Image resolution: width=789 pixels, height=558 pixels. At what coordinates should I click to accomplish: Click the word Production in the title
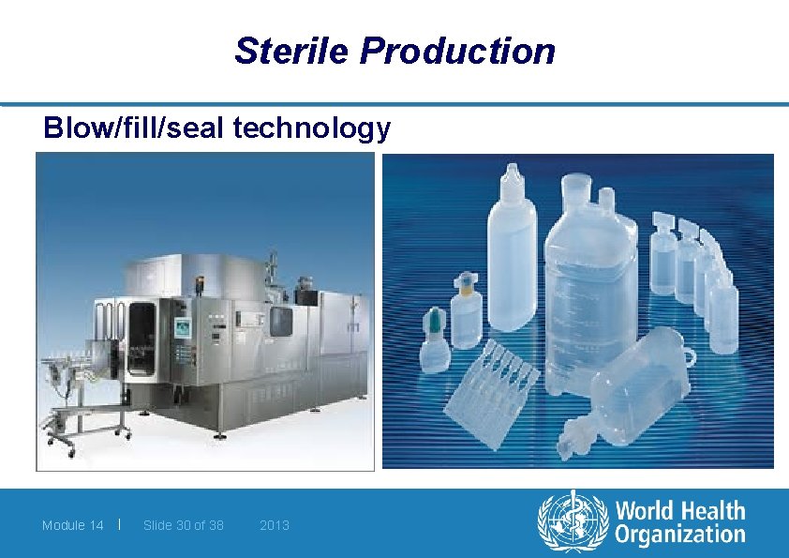pyautogui.click(x=456, y=51)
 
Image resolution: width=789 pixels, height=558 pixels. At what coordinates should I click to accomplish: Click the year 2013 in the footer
pyautogui.click(x=274, y=525)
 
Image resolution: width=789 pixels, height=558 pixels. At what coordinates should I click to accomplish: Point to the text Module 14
pyautogui.click(x=72, y=525)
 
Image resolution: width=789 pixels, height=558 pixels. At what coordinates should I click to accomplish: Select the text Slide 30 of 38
pyautogui.click(x=183, y=525)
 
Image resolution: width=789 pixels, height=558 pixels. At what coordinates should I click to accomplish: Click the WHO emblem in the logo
pyautogui.click(x=571, y=523)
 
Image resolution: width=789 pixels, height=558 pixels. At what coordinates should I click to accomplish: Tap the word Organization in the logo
pyautogui.click(x=679, y=535)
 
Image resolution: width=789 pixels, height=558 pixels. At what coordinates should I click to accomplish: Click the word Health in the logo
pyautogui.click(x=711, y=511)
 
